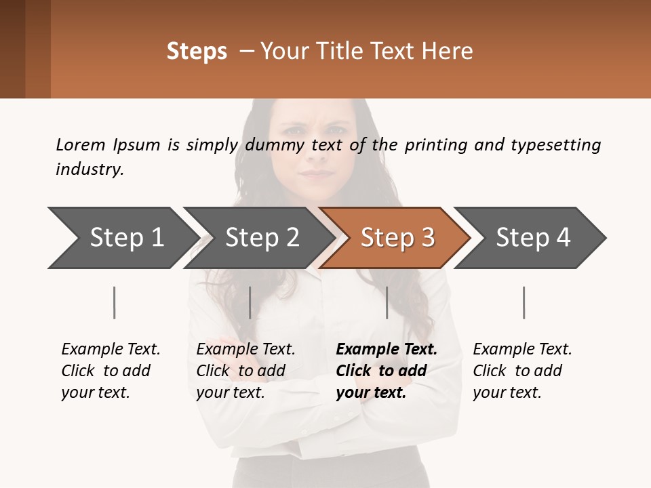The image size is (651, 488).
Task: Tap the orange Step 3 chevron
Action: point(397,238)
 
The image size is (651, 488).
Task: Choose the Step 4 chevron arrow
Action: point(533,238)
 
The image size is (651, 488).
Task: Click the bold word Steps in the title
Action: point(197,52)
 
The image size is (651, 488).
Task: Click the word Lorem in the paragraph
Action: point(81,145)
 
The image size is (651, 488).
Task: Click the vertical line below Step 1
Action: point(115,302)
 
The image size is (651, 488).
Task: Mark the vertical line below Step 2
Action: point(250,302)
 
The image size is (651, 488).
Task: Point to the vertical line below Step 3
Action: point(387,302)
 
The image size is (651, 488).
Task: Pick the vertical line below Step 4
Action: point(524,302)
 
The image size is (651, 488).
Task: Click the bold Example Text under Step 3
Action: point(387,350)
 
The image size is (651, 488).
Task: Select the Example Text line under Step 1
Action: point(111,350)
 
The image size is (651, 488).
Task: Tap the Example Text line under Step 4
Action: point(522,350)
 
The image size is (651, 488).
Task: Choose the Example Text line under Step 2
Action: point(245,350)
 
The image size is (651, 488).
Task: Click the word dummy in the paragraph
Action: point(276,145)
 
